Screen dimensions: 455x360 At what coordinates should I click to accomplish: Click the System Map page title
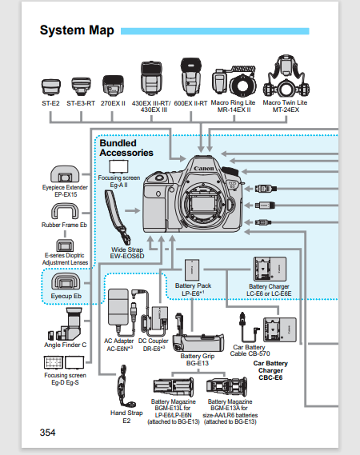point(76,31)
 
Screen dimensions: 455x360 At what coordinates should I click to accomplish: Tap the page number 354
point(48,433)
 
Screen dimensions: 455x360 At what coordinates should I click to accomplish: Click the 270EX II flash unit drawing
point(112,86)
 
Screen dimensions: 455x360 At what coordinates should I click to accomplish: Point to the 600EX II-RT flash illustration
point(190,77)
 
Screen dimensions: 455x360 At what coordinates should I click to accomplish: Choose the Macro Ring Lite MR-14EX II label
point(234,106)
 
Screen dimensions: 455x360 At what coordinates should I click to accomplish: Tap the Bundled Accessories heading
point(126,147)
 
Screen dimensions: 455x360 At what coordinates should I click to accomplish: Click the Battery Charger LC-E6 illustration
point(270,269)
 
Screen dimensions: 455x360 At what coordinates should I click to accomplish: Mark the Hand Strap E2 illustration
point(125,386)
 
